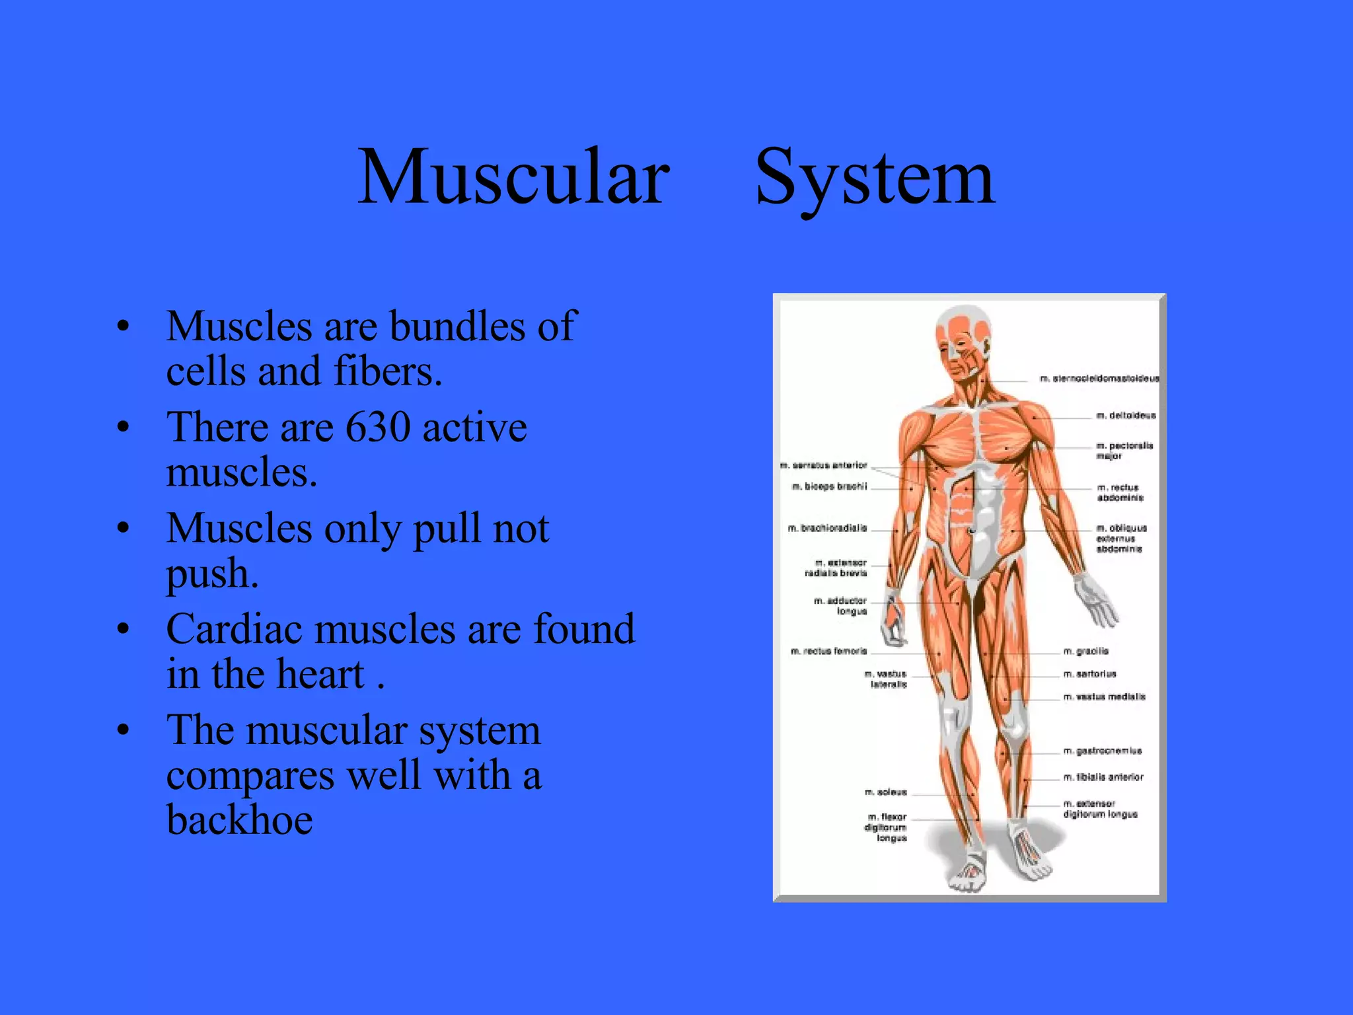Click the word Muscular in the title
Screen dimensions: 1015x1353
tap(513, 177)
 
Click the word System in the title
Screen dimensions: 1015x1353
tap(874, 177)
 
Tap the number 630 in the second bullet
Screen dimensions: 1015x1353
tap(378, 427)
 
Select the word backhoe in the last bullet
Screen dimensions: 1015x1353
tap(239, 820)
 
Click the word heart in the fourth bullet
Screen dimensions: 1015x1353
tap(320, 674)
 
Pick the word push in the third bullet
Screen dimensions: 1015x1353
tap(211, 573)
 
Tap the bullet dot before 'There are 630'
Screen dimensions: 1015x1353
tap(123, 427)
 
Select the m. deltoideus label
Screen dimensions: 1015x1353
tap(1126, 416)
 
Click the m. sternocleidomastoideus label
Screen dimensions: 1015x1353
tap(1099, 379)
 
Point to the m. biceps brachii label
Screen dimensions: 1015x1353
tap(829, 487)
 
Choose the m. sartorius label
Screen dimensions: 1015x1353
tap(1090, 674)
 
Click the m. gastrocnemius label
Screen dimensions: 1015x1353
tap(1103, 751)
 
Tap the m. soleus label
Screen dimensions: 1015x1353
tap(886, 792)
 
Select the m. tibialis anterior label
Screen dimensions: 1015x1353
tap(1103, 778)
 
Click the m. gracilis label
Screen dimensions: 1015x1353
tap(1086, 652)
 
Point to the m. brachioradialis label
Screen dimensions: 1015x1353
tap(827, 529)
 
